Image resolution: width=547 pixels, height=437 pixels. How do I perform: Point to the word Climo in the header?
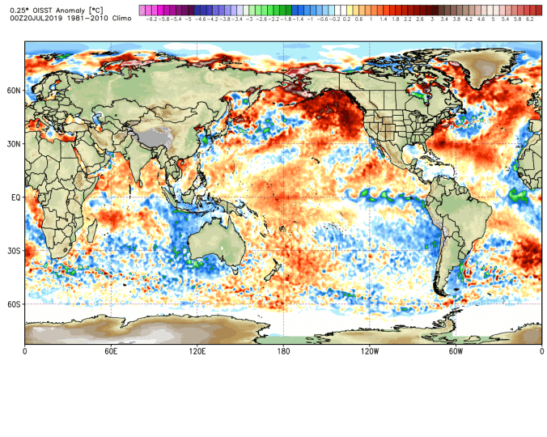tap(121, 17)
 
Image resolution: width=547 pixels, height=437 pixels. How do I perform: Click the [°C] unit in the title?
tap(108, 8)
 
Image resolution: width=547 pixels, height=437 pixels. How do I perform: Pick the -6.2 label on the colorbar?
tap(151, 18)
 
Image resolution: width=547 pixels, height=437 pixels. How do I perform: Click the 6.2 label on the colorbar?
tap(529, 18)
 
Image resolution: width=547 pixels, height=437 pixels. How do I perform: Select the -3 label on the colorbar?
tap(248, 18)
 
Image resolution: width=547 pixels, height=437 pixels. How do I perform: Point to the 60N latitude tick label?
tap(14, 91)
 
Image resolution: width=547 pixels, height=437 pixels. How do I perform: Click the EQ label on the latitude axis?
tap(15, 197)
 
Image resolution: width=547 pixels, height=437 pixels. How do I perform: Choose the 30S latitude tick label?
tap(14, 251)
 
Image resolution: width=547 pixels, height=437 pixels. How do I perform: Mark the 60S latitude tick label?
tap(14, 304)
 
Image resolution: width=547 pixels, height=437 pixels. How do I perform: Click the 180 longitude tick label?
tap(283, 351)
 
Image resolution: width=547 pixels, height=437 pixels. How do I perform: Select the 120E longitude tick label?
tap(197, 351)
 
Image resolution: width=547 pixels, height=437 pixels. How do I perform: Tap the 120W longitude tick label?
tap(370, 351)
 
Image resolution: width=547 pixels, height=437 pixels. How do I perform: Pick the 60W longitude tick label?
tap(456, 351)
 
